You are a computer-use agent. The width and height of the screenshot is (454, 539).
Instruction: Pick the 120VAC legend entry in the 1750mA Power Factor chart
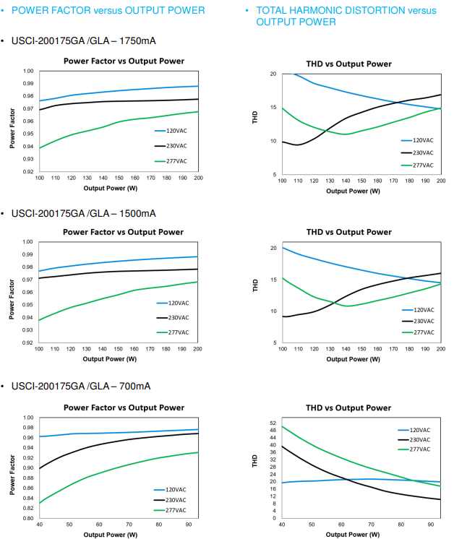point(176,131)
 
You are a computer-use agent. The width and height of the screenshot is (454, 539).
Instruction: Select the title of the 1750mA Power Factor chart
point(123,61)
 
